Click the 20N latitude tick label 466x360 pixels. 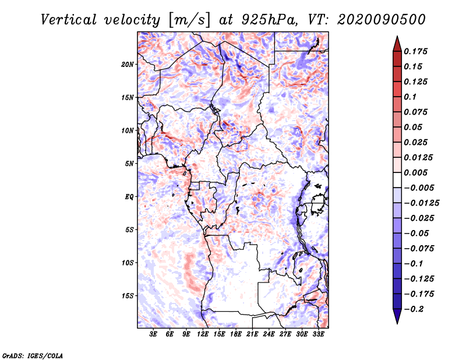tap(128, 64)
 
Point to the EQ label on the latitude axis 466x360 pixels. tap(129, 197)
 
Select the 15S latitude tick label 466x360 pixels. tap(128, 296)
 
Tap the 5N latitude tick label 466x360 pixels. tap(129, 164)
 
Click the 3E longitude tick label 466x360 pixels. tap(154, 334)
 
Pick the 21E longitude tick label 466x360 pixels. tap(252, 334)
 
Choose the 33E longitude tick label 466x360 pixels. tap(318, 334)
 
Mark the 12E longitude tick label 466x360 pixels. tap(203, 334)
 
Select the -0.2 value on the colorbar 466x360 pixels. tap(417, 309)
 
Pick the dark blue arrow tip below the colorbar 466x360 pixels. tap(397, 317)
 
